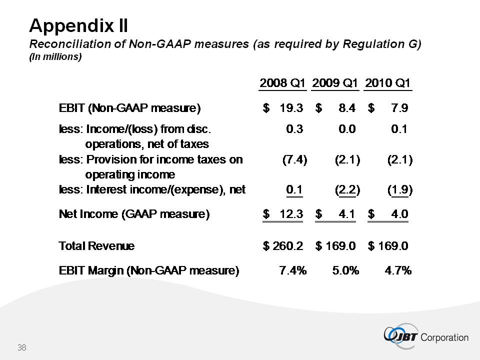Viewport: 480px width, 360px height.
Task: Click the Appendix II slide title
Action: click(x=79, y=24)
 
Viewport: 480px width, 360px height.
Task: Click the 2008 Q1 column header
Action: click(x=282, y=82)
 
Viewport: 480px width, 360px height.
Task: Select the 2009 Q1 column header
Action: click(x=335, y=82)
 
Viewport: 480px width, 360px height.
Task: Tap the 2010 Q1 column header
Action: click(x=388, y=82)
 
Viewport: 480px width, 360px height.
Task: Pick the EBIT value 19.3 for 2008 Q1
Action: click(x=290, y=107)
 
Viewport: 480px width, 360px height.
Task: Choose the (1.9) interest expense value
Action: click(x=400, y=190)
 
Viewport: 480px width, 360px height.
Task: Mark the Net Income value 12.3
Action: click(x=290, y=214)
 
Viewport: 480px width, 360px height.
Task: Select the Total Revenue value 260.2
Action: click(x=288, y=246)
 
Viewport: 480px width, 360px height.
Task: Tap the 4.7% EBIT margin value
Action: click(x=398, y=271)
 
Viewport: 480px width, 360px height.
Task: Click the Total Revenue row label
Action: click(x=96, y=246)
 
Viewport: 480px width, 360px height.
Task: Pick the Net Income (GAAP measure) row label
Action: click(x=134, y=214)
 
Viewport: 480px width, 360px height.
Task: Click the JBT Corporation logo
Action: click(x=425, y=336)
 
